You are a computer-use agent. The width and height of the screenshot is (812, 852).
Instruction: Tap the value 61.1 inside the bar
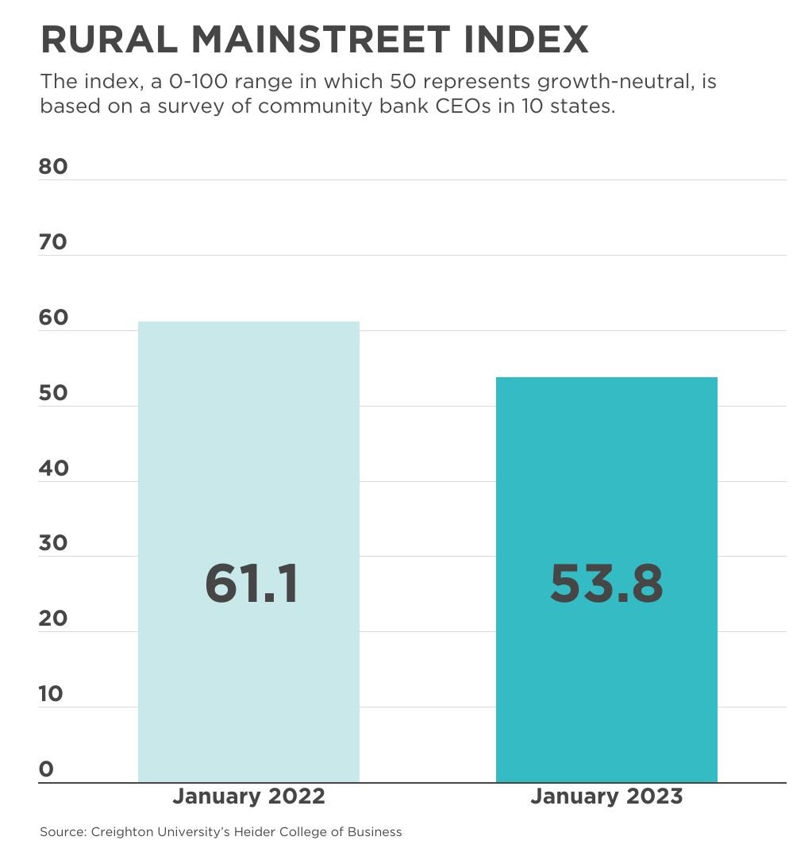coord(252,584)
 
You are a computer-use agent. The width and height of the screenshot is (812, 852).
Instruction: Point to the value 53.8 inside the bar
coord(606,584)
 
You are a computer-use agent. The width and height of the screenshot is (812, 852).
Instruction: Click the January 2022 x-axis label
coord(248,796)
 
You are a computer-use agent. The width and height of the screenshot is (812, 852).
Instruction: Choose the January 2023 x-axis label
coord(606,796)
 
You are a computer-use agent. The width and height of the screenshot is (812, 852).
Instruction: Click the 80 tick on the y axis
coord(53,167)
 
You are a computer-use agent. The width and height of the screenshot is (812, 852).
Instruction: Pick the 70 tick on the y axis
coord(53,242)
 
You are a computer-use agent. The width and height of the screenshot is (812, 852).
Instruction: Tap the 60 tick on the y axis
coord(53,318)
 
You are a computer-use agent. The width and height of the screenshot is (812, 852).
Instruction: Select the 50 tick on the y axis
coord(53,393)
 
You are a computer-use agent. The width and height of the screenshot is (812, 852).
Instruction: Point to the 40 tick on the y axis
coord(53,468)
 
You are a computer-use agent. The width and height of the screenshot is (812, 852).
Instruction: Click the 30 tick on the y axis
coord(53,543)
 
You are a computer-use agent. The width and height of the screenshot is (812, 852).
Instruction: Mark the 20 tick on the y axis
coord(53,619)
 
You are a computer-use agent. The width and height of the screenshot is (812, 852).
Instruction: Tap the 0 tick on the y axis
coord(46,769)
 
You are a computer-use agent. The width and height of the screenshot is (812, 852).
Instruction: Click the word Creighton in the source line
coord(123,832)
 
